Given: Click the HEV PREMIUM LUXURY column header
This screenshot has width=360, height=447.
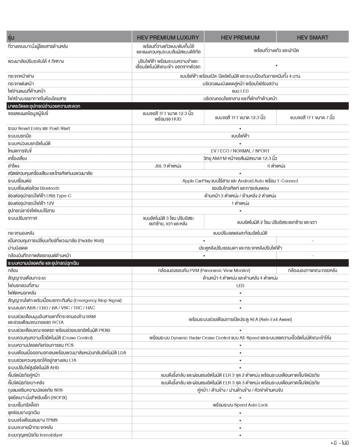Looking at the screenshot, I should tap(168, 38).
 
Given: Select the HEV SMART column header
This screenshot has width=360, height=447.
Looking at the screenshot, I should tap(312, 38).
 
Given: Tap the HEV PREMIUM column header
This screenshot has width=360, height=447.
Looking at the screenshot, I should tap(240, 38).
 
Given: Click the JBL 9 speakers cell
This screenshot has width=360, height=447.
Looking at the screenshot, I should tap(168, 166).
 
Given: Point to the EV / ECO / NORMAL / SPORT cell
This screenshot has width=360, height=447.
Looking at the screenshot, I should tap(240, 151).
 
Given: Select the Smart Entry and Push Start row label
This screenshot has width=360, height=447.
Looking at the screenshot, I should tap(39, 129).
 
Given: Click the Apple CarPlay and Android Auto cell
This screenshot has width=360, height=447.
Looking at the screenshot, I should tap(240, 181).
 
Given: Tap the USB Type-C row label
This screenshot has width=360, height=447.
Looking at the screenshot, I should tap(39, 196).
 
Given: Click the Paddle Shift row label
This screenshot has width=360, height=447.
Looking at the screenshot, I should tap(56, 241).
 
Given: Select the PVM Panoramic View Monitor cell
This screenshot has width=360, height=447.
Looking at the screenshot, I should tap(204, 271).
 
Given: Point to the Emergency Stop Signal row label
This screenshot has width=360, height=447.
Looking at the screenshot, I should tap(65, 300).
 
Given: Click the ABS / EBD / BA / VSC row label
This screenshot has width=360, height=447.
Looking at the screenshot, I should tap(51, 308).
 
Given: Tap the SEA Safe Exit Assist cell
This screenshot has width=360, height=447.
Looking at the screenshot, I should tap(240, 320).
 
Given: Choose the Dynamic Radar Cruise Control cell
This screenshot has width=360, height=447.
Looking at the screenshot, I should tap(240, 338).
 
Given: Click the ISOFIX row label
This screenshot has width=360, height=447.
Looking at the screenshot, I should tap(38, 398).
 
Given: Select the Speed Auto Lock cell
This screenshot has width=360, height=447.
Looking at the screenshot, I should tap(240, 405).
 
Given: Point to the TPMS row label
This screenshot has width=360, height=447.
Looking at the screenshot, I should tap(33, 420).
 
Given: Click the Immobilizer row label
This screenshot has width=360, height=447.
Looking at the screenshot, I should tap(35, 435).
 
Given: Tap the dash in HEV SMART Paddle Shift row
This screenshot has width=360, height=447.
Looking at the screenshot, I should tap(312, 241).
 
